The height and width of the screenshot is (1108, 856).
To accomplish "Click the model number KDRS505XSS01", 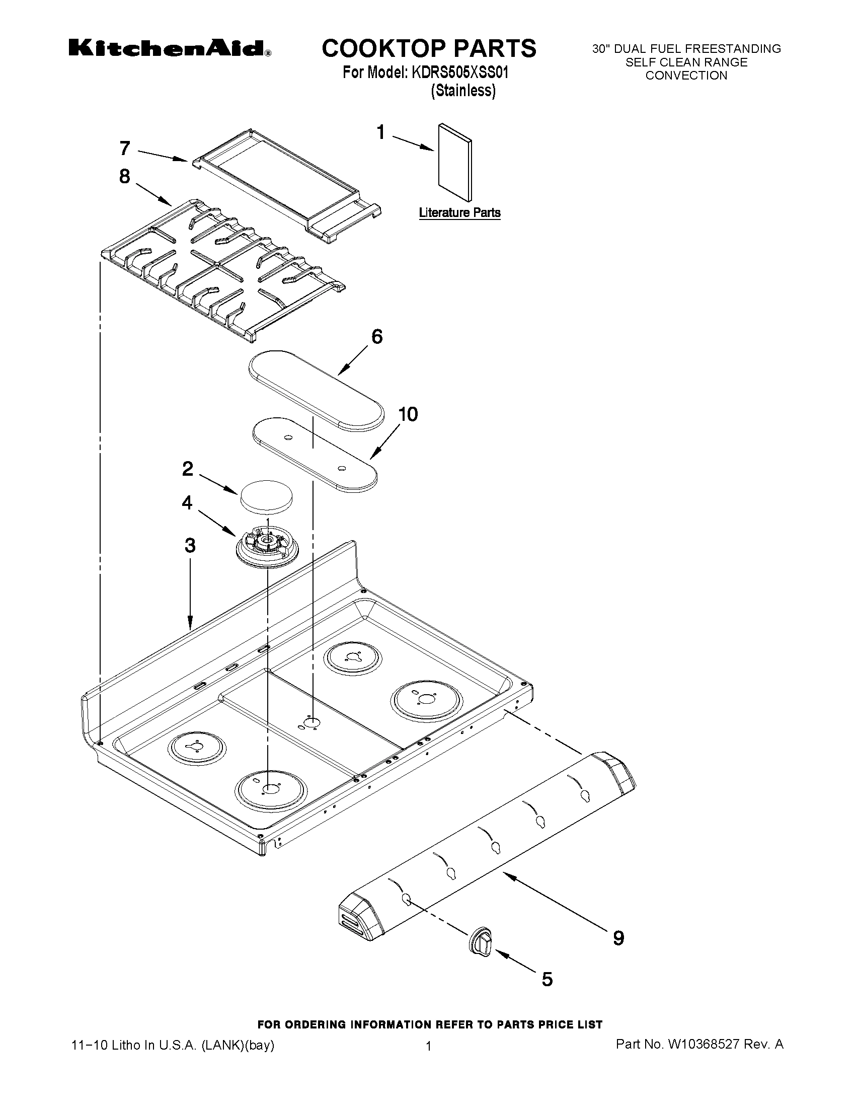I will coord(460,73).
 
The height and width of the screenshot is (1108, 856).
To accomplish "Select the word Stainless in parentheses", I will coord(463,91).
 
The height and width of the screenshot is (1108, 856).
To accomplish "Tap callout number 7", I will coord(125,149).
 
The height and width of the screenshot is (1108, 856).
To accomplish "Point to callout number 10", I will coord(408,414).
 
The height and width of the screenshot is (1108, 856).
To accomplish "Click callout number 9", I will coord(618,938).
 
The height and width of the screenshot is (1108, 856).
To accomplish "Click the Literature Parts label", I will coord(459,212).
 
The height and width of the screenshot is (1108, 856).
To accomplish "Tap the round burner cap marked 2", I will coord(267,496).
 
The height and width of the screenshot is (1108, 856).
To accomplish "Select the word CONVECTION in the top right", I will coord(686,76).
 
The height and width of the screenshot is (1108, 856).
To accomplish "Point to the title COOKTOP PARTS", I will coord(429,48).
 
